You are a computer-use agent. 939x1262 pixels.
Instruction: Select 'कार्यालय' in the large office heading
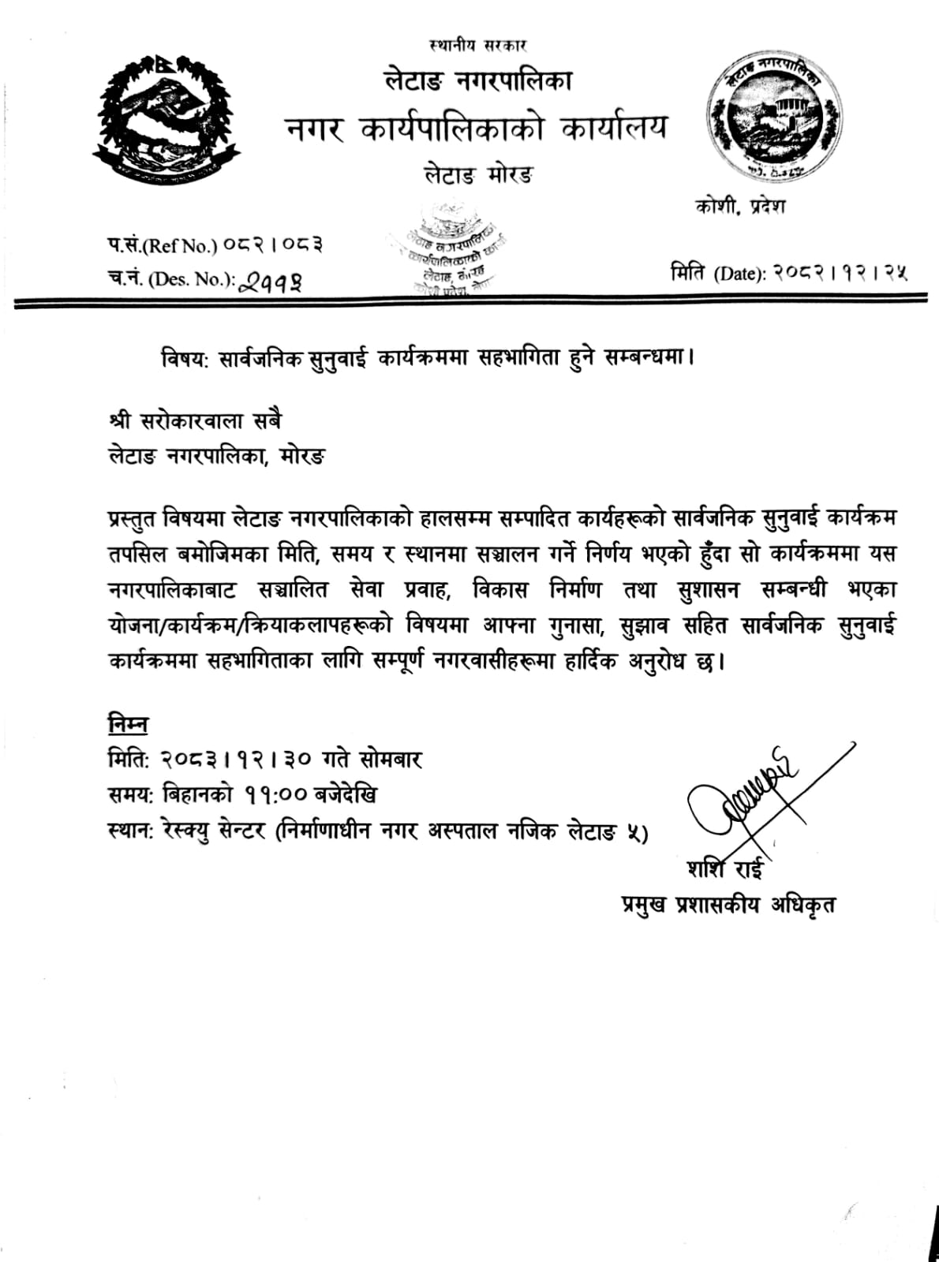point(614,129)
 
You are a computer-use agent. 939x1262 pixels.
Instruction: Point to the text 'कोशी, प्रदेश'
point(740,207)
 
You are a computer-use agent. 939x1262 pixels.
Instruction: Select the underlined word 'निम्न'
point(128,724)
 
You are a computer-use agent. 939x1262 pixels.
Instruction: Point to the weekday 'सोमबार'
point(391,759)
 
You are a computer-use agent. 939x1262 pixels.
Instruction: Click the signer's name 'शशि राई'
point(725,869)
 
